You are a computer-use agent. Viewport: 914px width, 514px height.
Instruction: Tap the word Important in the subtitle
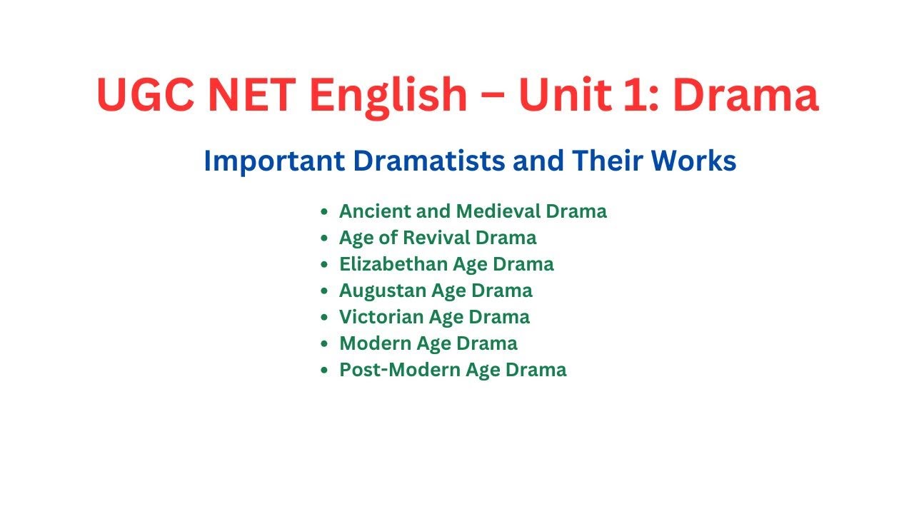pos(274,162)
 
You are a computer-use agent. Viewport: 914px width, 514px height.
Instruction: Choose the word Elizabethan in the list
pos(390,264)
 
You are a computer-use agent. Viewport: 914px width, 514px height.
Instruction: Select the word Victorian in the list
pos(380,317)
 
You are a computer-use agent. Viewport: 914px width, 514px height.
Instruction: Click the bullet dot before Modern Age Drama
pos(325,344)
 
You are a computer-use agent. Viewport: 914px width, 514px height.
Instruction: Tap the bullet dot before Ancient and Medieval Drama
pos(325,212)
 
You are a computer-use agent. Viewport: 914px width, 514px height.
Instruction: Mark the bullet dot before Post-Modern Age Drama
pos(325,371)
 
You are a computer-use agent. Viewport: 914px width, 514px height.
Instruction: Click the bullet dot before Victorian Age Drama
pos(325,318)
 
